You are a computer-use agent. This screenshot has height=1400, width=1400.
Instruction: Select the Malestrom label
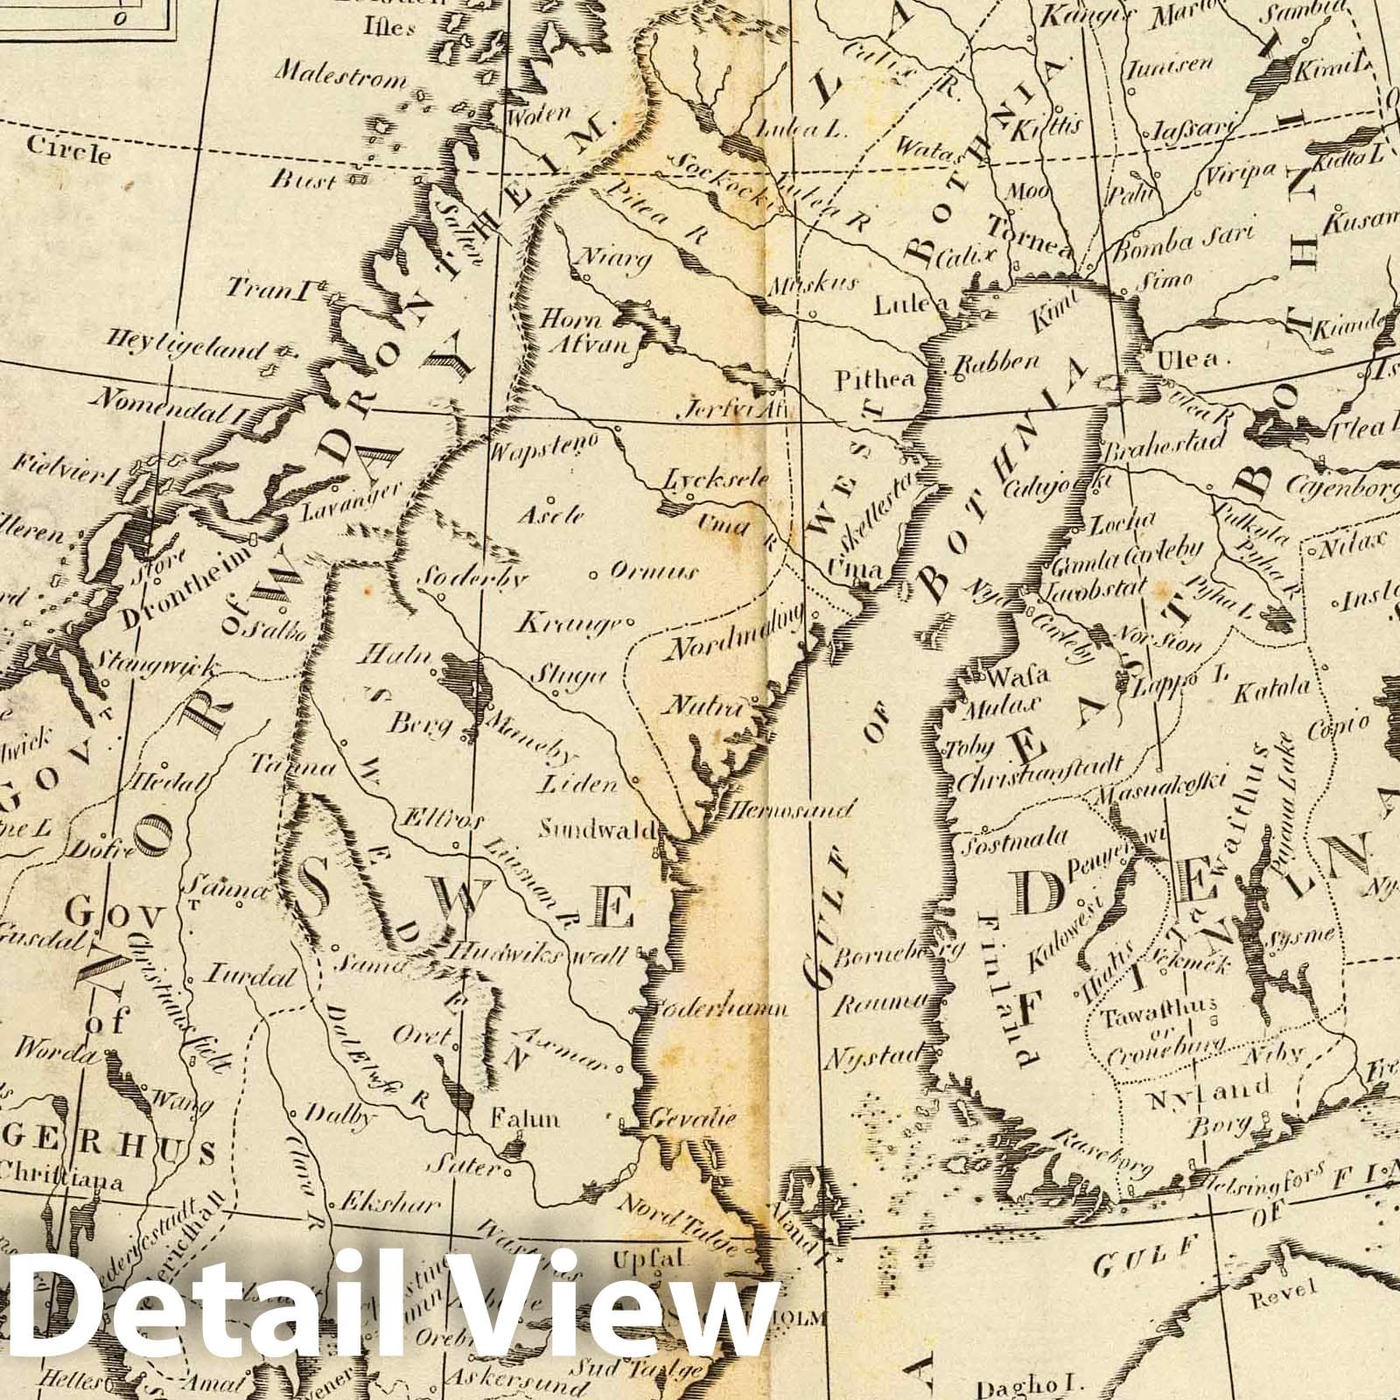tap(341, 76)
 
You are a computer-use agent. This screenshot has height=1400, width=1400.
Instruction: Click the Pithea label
tap(875, 380)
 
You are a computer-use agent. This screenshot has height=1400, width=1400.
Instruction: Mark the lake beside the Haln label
tap(460, 677)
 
